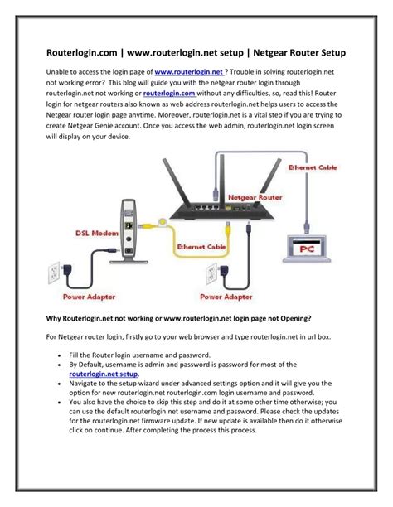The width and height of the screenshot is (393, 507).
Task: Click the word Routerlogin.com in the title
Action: pyautogui.click(x=83, y=52)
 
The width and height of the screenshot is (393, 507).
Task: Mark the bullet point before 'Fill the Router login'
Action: pyautogui.click(x=61, y=355)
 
